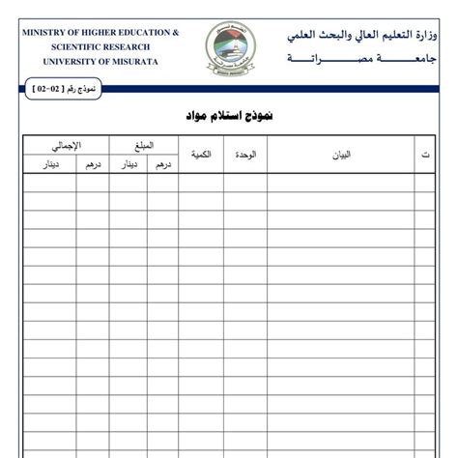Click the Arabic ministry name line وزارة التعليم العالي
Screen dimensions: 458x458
click(x=369, y=36)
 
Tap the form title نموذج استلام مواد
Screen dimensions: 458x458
click(x=229, y=116)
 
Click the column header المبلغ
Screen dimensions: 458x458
click(x=143, y=145)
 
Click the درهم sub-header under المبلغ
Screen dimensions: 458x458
click(x=161, y=164)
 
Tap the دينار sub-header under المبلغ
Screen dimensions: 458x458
click(x=127, y=164)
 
